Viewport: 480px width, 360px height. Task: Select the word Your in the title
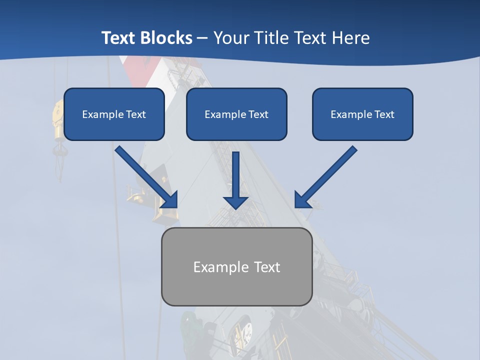coord(231,38)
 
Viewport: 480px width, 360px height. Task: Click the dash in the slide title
coord(202,38)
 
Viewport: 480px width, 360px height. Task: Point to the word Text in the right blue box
coord(384,114)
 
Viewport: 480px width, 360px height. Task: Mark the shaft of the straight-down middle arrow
coord(236,173)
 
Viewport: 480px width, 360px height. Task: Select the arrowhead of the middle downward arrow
coord(236,202)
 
